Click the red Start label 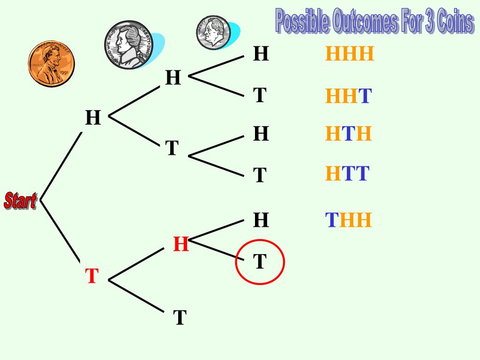[20, 200]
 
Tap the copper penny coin [51, 63]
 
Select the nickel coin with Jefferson [129, 45]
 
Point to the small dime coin [213, 32]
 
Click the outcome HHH [350, 54]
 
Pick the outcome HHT [348, 97]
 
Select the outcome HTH [348, 135]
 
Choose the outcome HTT [347, 174]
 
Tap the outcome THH [348, 220]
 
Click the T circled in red [260, 262]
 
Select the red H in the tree [181, 244]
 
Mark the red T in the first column [92, 277]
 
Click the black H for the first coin [93, 118]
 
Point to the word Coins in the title [454, 22]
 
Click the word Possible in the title [302, 22]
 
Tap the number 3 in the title [429, 22]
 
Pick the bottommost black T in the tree [180, 318]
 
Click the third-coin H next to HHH [261, 54]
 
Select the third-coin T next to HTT [260, 175]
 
